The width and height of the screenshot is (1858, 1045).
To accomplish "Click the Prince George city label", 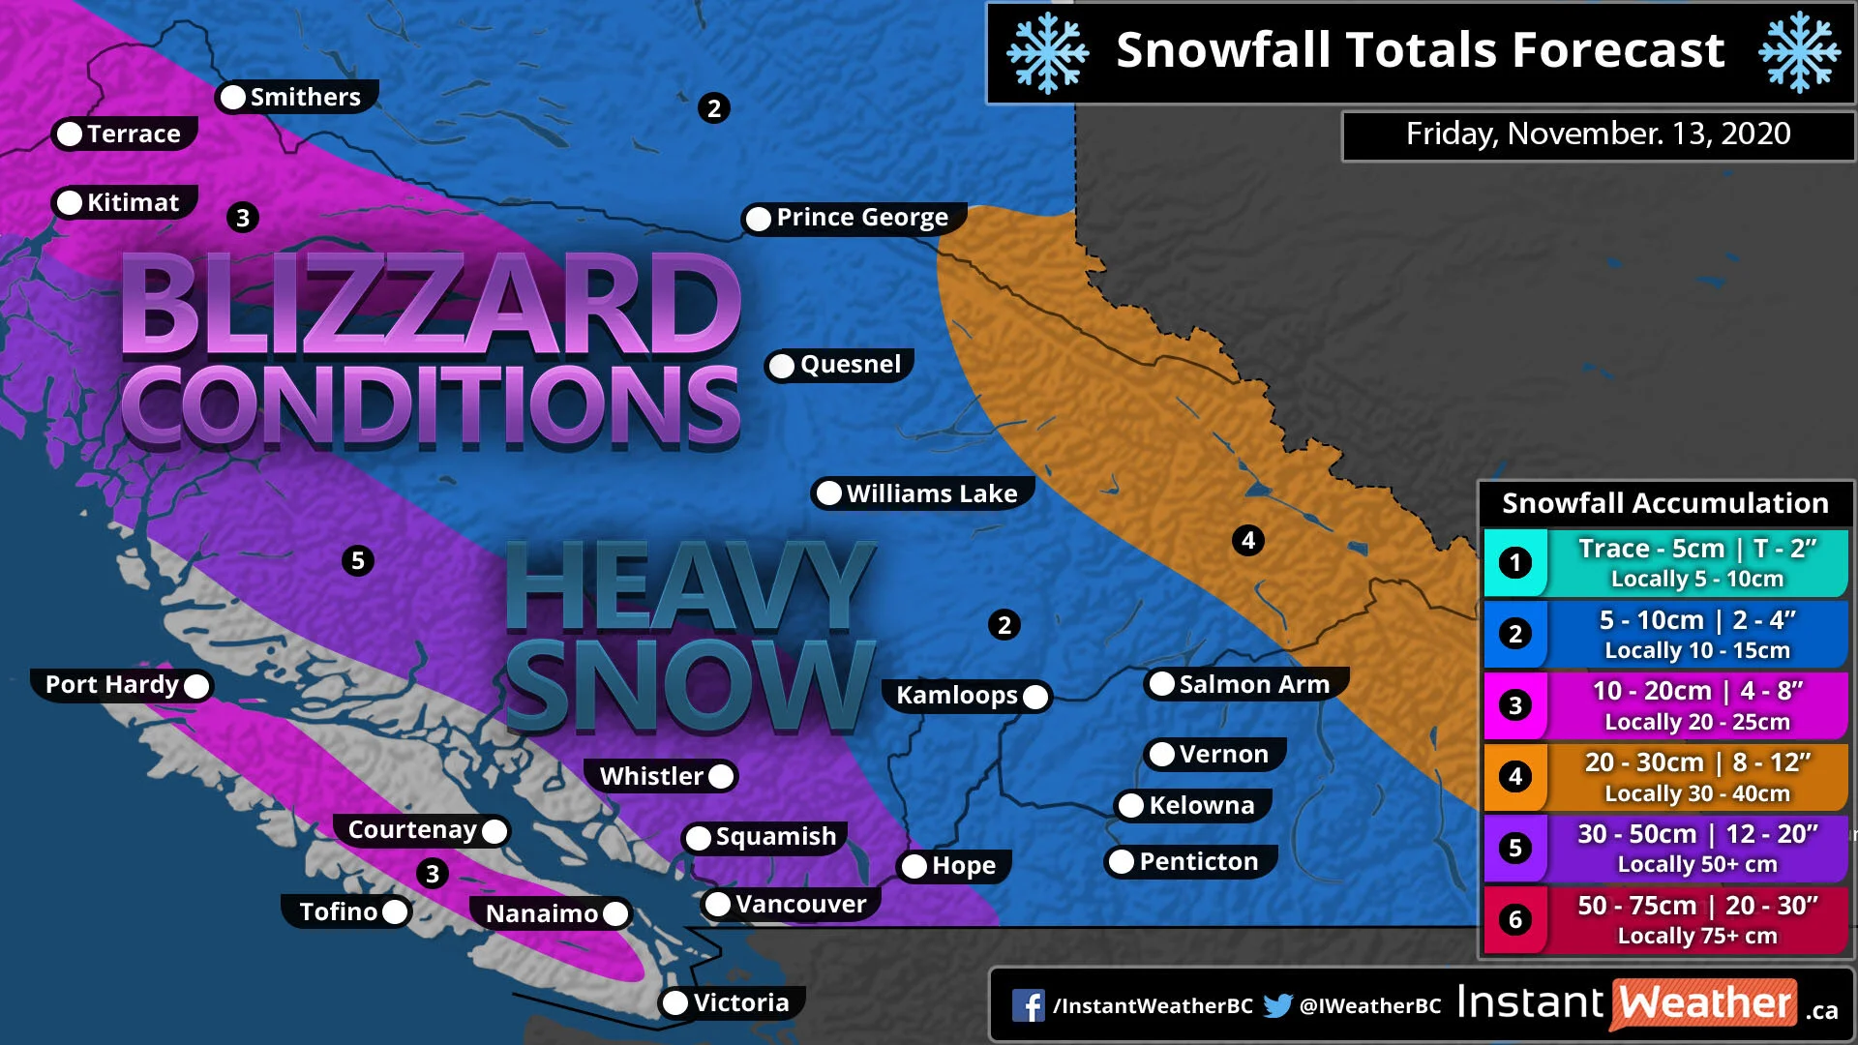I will point(861,218).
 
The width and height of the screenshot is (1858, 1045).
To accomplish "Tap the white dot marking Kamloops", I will point(1035,696).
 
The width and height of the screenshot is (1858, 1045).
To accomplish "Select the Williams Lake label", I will point(931,493).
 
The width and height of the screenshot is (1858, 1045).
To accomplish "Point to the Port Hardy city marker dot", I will point(196,686).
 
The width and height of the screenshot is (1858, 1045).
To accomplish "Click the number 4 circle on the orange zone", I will point(1248,540).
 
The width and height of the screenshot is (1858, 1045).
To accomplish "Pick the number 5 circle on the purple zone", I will point(358,560).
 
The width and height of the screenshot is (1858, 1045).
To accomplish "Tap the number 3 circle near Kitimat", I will point(243,218).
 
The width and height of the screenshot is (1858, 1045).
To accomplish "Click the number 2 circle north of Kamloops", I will point(1004,625).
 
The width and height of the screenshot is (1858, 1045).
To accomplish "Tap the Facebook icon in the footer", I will point(1029,1006).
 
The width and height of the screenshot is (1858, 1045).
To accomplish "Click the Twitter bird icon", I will point(1277,1006).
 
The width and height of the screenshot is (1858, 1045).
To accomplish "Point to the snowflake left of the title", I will point(1047,52).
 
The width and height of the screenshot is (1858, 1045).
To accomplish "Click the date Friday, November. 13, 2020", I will point(1598,134).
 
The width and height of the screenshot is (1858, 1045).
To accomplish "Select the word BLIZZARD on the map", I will point(431,305).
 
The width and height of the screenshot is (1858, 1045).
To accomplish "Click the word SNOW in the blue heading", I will point(689,685).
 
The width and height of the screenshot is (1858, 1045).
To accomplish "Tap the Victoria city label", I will point(740,1002).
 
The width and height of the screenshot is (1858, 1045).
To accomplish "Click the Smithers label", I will point(305,97).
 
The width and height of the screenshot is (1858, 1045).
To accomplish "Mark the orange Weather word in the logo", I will point(1705,1003).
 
